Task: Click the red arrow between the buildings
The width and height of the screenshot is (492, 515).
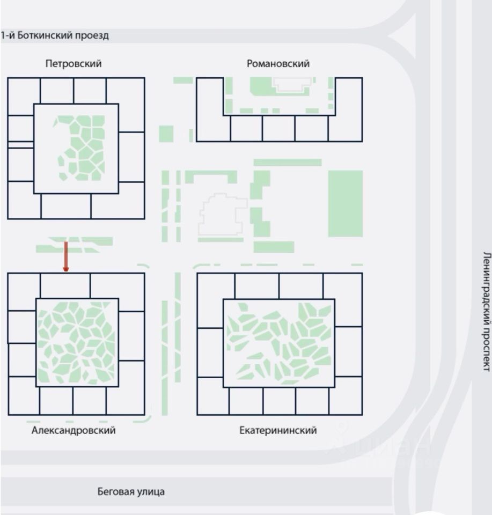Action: click(x=66, y=256)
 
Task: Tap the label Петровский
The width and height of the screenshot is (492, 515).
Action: click(x=74, y=64)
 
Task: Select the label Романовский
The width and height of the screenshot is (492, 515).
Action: click(x=278, y=64)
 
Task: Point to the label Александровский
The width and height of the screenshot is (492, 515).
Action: click(x=74, y=430)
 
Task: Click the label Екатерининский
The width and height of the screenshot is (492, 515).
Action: click(x=278, y=430)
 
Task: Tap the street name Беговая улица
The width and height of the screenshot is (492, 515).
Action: click(x=131, y=491)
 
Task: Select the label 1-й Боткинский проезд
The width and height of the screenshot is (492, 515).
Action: click(x=55, y=36)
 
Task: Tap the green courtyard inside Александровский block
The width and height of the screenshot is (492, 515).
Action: click(x=76, y=342)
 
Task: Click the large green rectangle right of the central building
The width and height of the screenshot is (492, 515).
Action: click(x=345, y=203)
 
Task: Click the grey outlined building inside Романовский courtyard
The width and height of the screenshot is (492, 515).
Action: click(x=292, y=83)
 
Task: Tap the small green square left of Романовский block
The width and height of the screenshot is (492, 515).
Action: click(x=166, y=133)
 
